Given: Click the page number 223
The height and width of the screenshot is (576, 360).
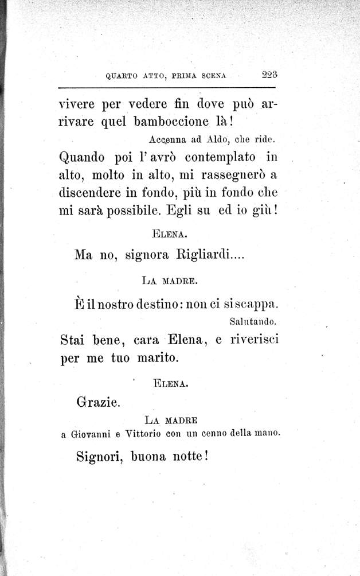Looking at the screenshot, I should (x=268, y=73).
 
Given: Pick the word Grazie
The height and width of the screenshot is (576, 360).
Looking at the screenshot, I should (x=97, y=402).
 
